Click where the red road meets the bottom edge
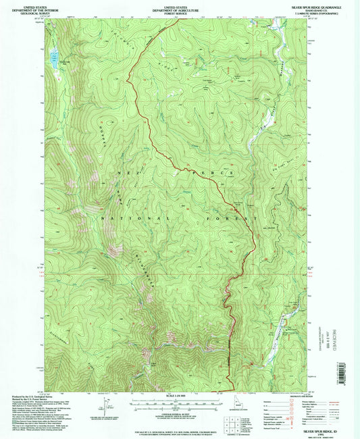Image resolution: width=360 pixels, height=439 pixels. [x=234, y=390]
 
